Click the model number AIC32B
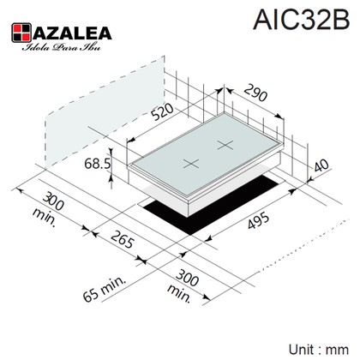click(302, 19)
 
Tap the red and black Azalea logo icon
click(21, 33)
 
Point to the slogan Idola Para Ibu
click(62, 47)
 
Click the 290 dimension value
click(255, 93)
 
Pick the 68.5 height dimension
click(97, 164)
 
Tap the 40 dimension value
click(321, 165)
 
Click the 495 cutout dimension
click(258, 221)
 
